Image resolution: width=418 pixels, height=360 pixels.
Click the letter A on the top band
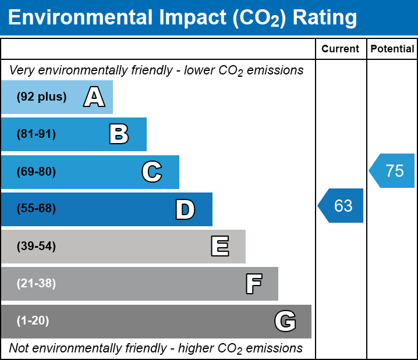click(94, 97)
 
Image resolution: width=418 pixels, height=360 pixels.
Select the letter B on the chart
click(119, 134)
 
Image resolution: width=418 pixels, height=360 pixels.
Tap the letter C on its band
click(152, 172)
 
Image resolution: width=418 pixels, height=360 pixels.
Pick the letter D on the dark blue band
click(185, 209)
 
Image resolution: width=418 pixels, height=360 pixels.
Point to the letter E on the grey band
click(219, 247)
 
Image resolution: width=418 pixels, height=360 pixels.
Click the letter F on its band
click(253, 284)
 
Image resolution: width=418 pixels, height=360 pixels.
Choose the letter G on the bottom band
click(285, 321)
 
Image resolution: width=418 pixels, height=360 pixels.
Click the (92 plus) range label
click(42, 97)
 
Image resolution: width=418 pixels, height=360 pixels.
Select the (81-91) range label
click(37, 134)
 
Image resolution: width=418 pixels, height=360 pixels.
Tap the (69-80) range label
click(37, 172)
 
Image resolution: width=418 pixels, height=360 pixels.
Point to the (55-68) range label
click(37, 209)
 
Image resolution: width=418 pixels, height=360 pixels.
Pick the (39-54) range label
click(37, 246)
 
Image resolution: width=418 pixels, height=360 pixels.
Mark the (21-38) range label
click(37, 284)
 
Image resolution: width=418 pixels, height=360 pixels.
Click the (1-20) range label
click(33, 321)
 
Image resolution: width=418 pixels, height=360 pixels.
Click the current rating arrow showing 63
click(342, 205)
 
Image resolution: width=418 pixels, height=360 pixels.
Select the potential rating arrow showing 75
click(393, 171)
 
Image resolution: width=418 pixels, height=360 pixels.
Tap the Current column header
click(341, 49)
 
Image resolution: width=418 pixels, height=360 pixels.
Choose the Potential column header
click(392, 49)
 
